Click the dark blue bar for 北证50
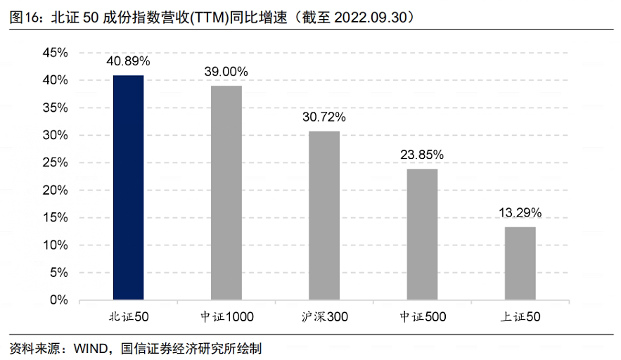(128, 187)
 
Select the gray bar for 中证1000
(226, 193)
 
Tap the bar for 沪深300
(324, 215)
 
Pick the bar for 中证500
(422, 234)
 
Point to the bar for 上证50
(520, 263)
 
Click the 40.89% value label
(129, 61)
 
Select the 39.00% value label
(226, 72)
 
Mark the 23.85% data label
(422, 155)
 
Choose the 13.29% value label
(520, 212)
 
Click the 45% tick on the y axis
(55, 53)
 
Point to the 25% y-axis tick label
(55, 162)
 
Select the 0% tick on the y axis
(58, 300)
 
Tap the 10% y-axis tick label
(55, 245)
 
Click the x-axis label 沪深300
(324, 317)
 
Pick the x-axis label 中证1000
(226, 317)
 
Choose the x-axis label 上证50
(520, 317)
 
